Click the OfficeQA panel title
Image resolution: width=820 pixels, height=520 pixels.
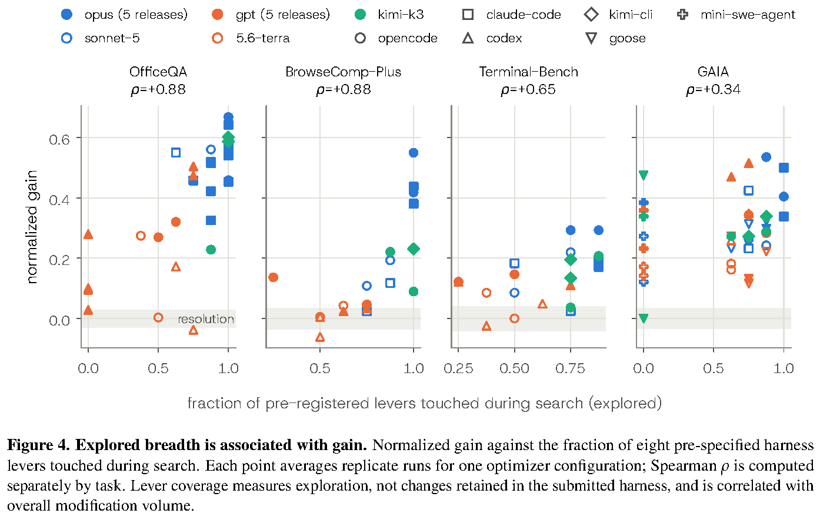158,72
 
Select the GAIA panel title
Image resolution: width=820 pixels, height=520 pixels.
713,72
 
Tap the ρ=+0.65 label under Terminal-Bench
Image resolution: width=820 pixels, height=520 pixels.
528,89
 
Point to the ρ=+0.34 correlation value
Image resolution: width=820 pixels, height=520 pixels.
713,89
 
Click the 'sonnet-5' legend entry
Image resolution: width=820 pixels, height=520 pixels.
101,38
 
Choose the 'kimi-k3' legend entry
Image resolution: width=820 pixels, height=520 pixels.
389,15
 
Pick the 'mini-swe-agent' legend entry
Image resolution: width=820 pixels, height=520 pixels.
736,15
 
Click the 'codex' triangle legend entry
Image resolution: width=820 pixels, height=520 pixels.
492,38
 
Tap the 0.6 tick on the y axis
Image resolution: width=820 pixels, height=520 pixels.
59,140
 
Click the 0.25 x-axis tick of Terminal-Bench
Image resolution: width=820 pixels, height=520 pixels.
458,368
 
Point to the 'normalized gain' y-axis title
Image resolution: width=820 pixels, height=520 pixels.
32,227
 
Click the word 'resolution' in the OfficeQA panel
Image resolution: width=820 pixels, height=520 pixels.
206,319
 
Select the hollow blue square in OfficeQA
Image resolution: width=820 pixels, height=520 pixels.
176,153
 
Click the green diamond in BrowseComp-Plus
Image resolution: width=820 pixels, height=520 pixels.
414,249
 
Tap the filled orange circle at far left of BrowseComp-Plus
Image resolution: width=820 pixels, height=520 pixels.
273,277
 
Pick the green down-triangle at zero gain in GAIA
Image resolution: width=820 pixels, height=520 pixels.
644,318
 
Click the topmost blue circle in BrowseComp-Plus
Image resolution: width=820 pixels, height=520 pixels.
414,153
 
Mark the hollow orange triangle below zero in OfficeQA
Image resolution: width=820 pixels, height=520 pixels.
194,330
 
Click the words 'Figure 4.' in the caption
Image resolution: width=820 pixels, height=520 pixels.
38,445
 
